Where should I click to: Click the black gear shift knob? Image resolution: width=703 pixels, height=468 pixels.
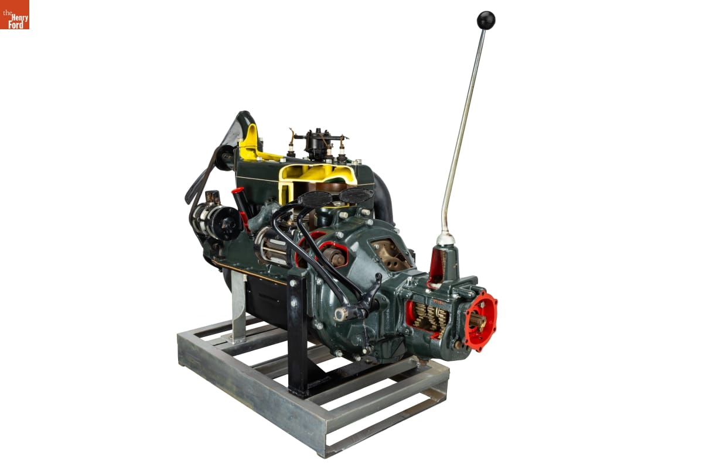click(x=486, y=20)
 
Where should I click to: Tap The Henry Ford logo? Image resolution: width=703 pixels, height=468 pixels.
click(x=15, y=15)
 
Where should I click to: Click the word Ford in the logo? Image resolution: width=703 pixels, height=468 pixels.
click(x=16, y=25)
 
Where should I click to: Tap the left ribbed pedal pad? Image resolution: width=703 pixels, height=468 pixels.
click(x=315, y=199)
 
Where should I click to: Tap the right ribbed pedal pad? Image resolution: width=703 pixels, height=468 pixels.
click(x=356, y=195)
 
